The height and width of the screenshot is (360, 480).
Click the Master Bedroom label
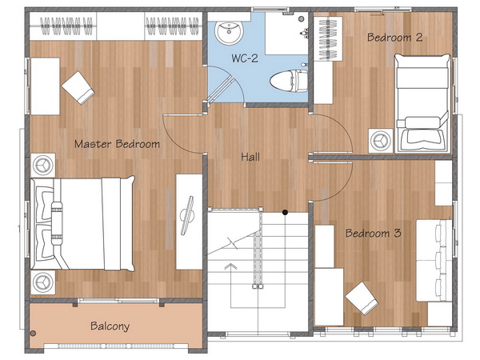pos(118,144)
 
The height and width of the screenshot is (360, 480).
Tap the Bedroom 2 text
pos(394,38)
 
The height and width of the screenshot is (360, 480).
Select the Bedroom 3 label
pos(373,234)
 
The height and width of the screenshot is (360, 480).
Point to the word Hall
pos(250,157)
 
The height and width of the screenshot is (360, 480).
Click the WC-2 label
pos(245,58)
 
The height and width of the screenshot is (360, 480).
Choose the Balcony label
pos(110,326)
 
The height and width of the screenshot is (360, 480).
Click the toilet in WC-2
pos(289,81)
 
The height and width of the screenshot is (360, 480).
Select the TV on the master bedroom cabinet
pos(187,215)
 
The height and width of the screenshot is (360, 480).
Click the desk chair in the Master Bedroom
pos(78,87)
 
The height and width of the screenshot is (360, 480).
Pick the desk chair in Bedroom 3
pos(362,298)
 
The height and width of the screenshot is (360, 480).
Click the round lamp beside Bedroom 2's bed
pos(381,141)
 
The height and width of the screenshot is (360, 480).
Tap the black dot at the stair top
pos(285,212)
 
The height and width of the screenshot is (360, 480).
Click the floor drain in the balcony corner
pos(33,333)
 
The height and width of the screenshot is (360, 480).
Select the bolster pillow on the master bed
pos(57,223)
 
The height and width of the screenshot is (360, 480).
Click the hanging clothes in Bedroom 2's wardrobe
pos(328,38)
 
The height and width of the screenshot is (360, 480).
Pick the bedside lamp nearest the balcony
pos(43,282)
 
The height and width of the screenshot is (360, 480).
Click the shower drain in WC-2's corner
pos(302,18)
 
